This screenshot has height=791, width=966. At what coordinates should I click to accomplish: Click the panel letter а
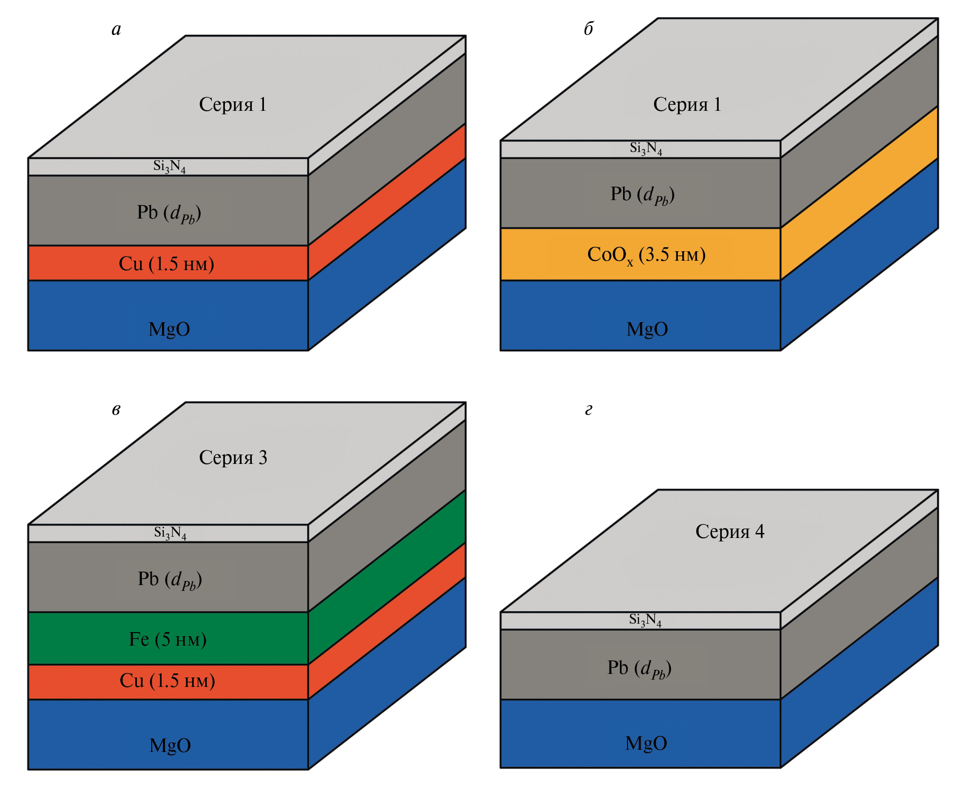(116, 29)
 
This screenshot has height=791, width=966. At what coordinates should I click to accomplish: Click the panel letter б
(588, 29)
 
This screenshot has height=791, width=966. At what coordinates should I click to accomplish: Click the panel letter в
(116, 410)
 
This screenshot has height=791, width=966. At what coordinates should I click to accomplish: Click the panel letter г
(588, 410)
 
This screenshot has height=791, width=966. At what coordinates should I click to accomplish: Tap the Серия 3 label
(233, 458)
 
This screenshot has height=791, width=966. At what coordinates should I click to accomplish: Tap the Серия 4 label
(729, 531)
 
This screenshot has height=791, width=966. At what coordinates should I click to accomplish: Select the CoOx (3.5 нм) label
(646, 255)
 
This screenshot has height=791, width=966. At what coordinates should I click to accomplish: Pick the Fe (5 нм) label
(168, 639)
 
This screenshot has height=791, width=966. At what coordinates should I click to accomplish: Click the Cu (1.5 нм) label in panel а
(167, 264)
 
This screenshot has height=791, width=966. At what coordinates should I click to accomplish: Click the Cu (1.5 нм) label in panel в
(167, 680)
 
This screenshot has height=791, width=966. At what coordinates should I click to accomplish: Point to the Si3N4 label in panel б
(646, 148)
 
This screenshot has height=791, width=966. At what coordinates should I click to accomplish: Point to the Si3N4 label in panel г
(645, 619)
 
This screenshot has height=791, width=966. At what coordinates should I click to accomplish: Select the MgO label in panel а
(169, 329)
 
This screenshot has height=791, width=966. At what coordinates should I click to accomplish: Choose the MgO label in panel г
(646, 743)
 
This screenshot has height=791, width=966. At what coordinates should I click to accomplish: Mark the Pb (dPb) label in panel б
(642, 195)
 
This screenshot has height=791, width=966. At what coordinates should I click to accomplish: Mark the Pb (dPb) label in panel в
(170, 580)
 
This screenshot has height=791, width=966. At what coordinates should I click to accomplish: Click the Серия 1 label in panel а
(233, 105)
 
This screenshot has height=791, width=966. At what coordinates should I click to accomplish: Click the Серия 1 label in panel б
(687, 105)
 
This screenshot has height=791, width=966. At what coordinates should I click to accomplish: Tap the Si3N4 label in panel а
(169, 166)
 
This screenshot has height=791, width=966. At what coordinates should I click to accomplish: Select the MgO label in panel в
(170, 745)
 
